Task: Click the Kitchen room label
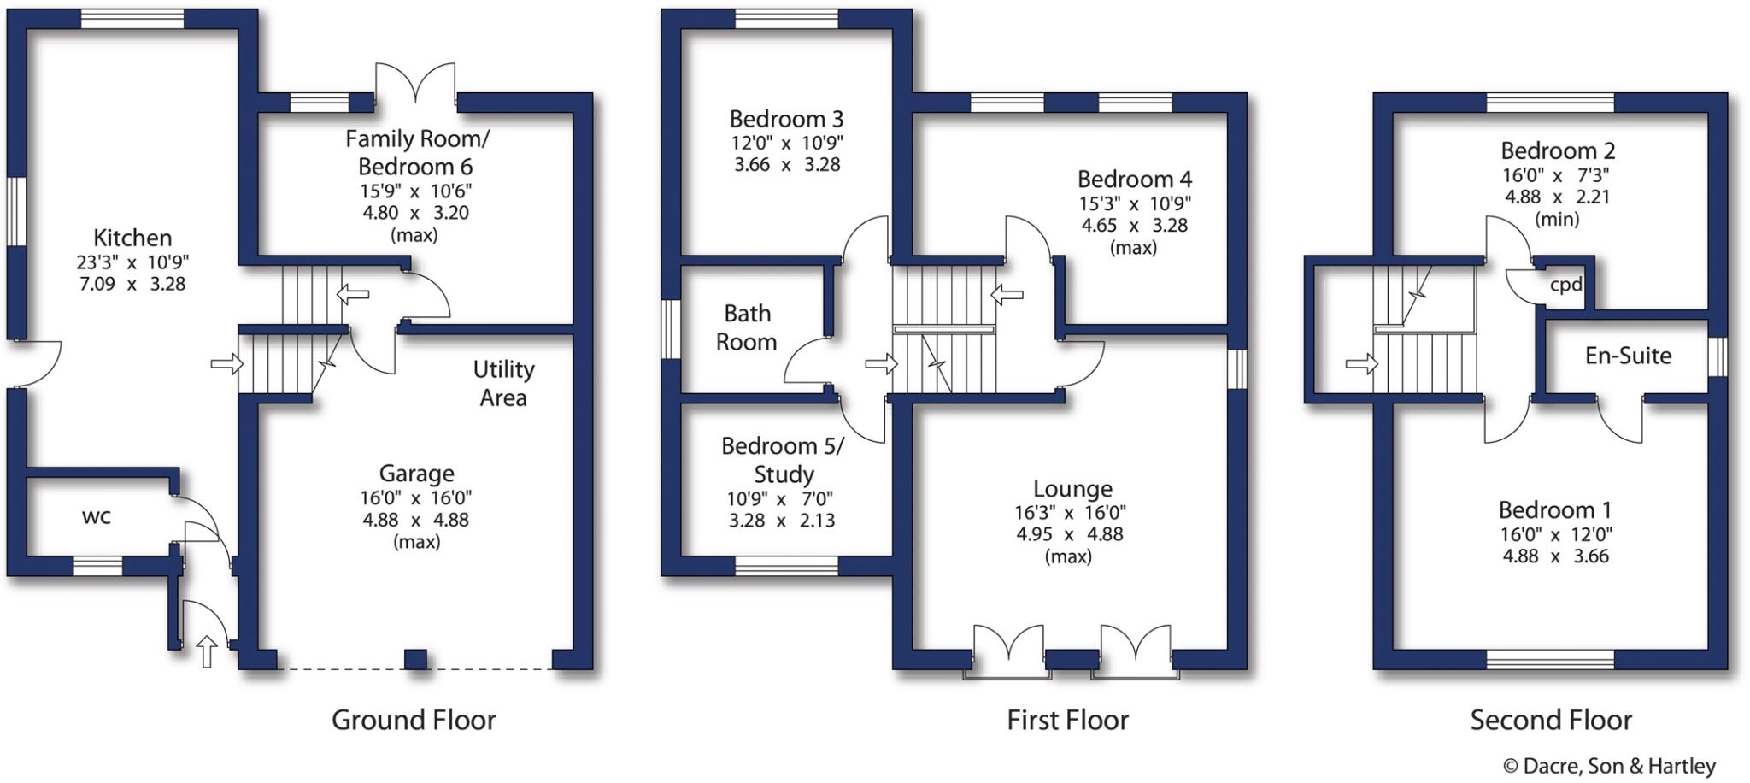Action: pyautogui.click(x=132, y=238)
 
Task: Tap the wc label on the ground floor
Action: pyautogui.click(x=96, y=516)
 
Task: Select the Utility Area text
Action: pyautogui.click(x=503, y=383)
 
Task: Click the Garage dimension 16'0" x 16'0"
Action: pyautogui.click(x=415, y=497)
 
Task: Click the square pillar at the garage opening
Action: pyautogui.click(x=415, y=659)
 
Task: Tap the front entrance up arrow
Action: pyautogui.click(x=206, y=651)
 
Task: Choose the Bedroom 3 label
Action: pyautogui.click(x=786, y=119)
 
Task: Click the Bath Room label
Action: pyautogui.click(x=747, y=327)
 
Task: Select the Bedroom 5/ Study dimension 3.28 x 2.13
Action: pyautogui.click(x=782, y=521)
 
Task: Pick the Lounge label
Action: pyautogui.click(x=1072, y=489)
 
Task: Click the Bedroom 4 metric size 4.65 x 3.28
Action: pyautogui.click(x=1134, y=226)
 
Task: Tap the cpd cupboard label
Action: pyautogui.click(x=1565, y=285)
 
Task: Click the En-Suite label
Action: pyautogui.click(x=1628, y=356)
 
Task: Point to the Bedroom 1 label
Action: pyautogui.click(x=1554, y=510)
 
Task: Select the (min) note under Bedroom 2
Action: pyautogui.click(x=1557, y=219)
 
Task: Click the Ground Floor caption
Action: pyautogui.click(x=414, y=720)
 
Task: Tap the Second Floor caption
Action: pyautogui.click(x=1551, y=720)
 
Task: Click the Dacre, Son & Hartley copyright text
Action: pyautogui.click(x=1609, y=766)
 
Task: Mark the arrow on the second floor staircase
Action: pyautogui.click(x=1361, y=365)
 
